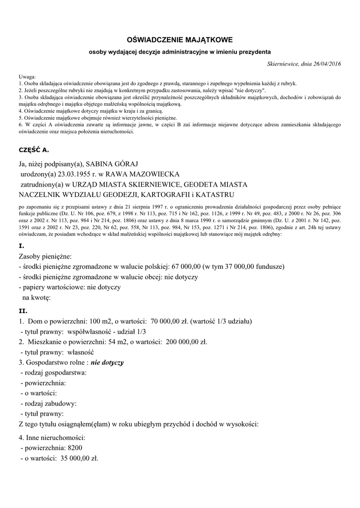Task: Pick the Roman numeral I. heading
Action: coord(21,246)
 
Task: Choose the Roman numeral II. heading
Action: coord(23,311)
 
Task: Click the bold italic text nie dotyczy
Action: coord(107,363)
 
